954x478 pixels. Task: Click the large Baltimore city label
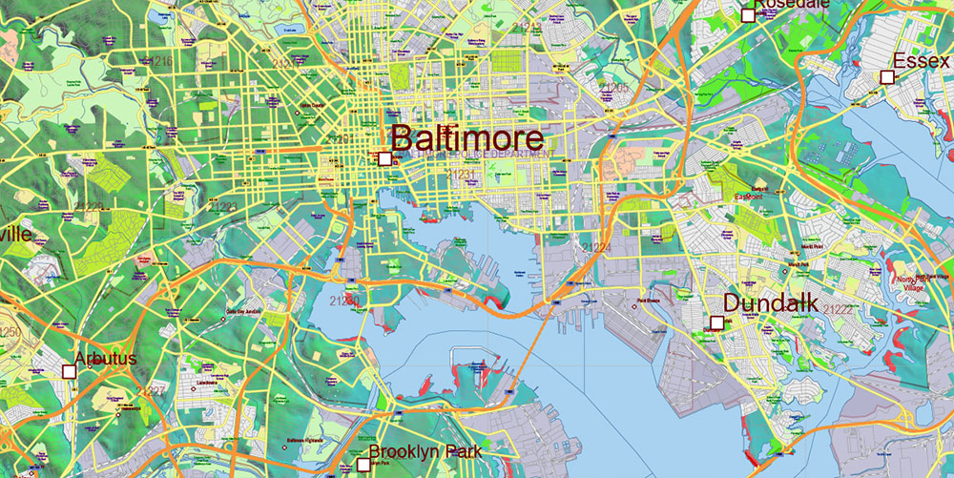click(x=467, y=138)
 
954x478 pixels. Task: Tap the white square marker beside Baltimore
click(x=384, y=159)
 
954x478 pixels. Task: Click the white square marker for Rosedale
click(x=748, y=14)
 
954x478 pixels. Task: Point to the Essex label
click(x=921, y=60)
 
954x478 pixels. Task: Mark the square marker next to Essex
click(x=886, y=76)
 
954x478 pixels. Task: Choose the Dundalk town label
click(x=770, y=302)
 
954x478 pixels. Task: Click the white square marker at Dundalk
click(x=716, y=322)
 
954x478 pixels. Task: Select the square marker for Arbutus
click(x=69, y=371)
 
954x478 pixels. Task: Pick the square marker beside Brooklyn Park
click(x=363, y=465)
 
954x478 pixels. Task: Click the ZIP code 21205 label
click(x=613, y=88)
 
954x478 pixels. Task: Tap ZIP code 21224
click(x=595, y=248)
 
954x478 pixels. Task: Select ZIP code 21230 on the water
click(x=344, y=301)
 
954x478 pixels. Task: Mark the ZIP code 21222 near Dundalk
click(x=839, y=309)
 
